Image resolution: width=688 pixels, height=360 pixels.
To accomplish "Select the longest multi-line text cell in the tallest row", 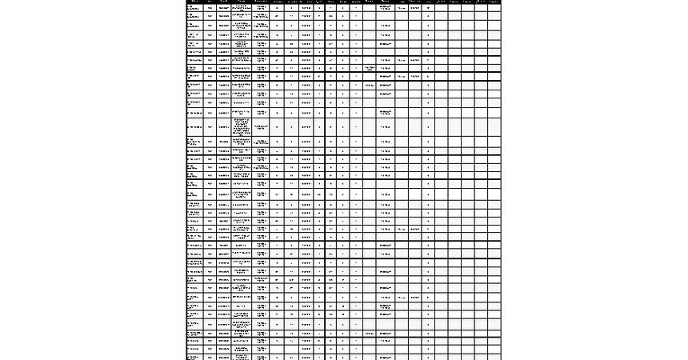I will (242, 126).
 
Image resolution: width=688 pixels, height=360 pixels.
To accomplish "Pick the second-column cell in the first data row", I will (210, 8).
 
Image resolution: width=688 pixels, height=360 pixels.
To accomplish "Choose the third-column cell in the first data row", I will (223, 8).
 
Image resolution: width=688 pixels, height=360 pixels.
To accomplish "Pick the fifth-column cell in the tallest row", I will (262, 126).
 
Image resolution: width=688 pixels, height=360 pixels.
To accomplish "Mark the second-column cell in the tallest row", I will (210, 126).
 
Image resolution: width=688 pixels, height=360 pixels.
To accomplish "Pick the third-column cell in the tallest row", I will (223, 126).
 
